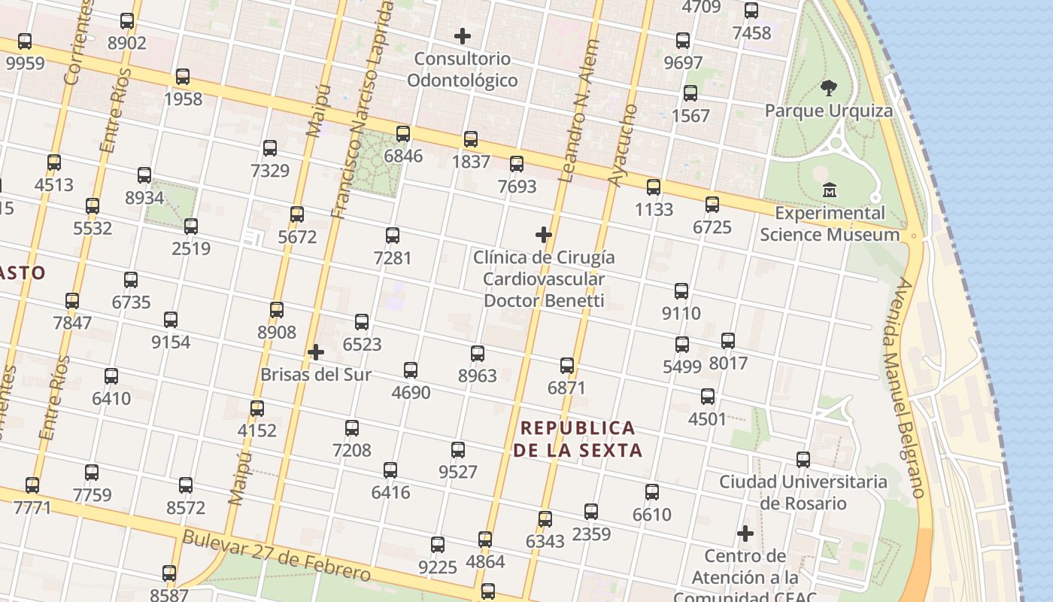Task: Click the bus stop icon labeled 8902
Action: point(127,21)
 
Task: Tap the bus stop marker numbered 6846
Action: point(403,134)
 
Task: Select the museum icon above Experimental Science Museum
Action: point(830,190)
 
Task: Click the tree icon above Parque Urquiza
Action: point(829,88)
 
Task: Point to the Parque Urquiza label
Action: point(829,111)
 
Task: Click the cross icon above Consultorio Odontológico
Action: point(463,35)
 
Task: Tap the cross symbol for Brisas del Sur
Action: point(316,351)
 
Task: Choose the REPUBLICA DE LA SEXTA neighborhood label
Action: point(578,439)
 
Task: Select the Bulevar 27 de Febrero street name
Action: point(277,555)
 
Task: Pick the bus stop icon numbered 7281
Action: point(393,236)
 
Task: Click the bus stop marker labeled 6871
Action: point(567,366)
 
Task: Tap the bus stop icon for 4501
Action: point(708,397)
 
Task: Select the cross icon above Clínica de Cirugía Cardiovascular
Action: point(544,235)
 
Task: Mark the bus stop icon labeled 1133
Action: point(654,187)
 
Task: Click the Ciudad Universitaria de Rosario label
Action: point(803,492)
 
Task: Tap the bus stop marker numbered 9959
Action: point(25,41)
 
